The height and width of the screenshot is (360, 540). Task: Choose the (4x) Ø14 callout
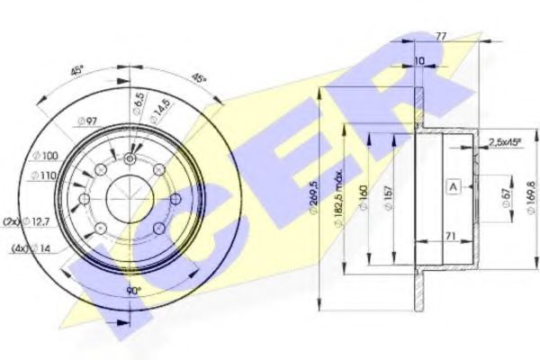[32, 248]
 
